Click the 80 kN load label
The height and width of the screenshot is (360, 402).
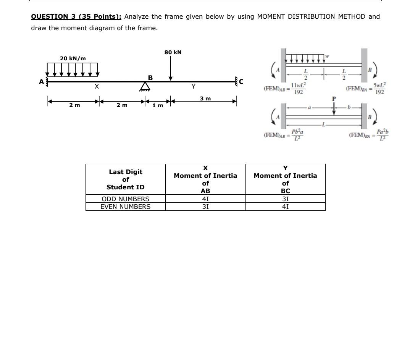(173, 52)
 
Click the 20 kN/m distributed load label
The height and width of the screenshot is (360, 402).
(73, 58)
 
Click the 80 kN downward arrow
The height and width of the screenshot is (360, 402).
(171, 69)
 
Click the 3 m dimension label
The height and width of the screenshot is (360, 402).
(205, 98)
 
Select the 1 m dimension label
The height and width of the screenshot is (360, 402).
(157, 105)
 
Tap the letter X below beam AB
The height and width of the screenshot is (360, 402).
(97, 87)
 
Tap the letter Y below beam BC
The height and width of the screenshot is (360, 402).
(194, 87)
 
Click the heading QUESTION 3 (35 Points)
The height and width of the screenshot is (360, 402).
(76, 16)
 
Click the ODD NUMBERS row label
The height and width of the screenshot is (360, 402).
(125, 199)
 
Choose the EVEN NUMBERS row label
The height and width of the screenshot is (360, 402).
(125, 207)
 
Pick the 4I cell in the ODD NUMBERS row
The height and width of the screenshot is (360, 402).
(205, 199)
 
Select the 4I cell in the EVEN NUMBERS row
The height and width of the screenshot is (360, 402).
(285, 207)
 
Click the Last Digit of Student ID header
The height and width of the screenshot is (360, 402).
(125, 179)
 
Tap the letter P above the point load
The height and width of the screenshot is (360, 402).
(334, 98)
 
